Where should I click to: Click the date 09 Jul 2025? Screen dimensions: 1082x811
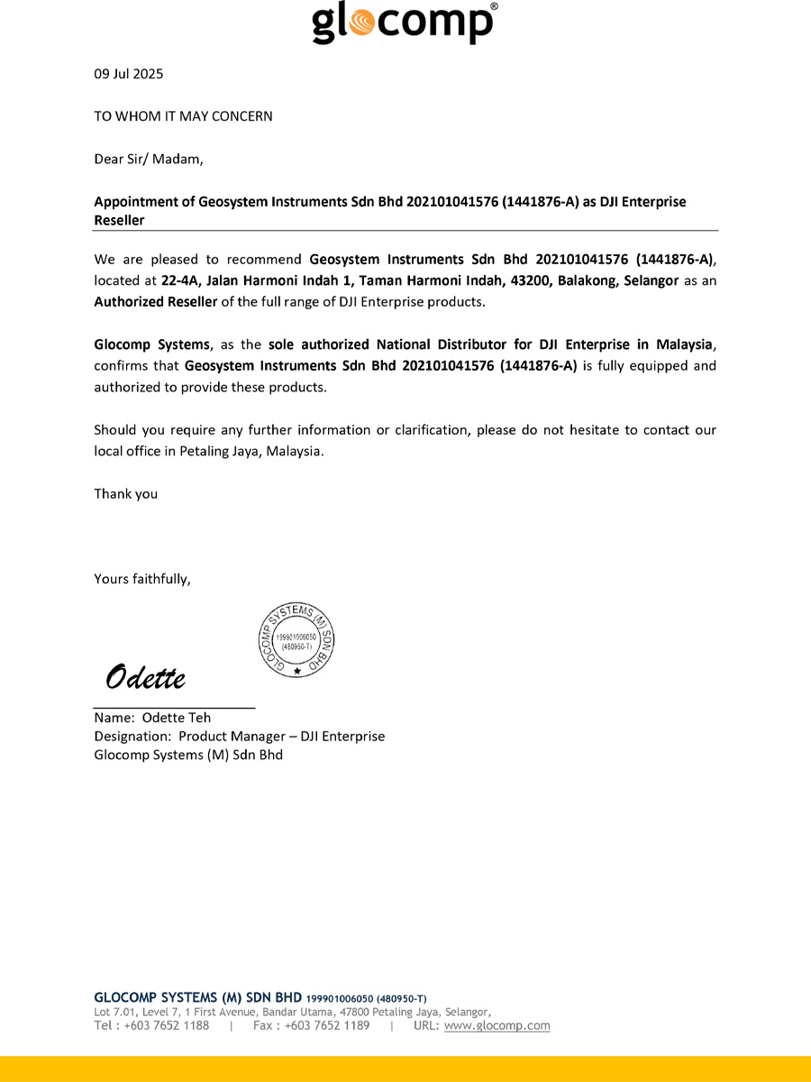click(129, 74)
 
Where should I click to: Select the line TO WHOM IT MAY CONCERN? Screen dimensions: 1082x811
click(183, 116)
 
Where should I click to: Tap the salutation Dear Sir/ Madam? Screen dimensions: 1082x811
click(149, 160)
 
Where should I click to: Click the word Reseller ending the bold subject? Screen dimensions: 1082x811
click(119, 220)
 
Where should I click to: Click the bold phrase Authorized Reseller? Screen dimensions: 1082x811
click(156, 302)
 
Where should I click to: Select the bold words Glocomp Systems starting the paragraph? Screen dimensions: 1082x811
click(151, 344)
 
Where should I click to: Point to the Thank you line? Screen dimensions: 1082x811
click(126, 494)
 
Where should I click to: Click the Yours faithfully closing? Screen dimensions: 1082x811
click(142, 579)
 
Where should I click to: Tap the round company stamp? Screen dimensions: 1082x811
click(297, 641)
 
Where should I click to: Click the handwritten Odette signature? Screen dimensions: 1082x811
click(146, 676)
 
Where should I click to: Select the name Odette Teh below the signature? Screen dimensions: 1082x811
click(177, 718)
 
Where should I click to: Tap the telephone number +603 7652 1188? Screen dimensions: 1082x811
click(167, 1025)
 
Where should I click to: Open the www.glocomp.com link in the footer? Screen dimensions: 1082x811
click(497, 1025)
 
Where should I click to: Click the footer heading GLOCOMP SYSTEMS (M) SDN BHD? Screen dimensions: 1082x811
click(197, 997)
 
